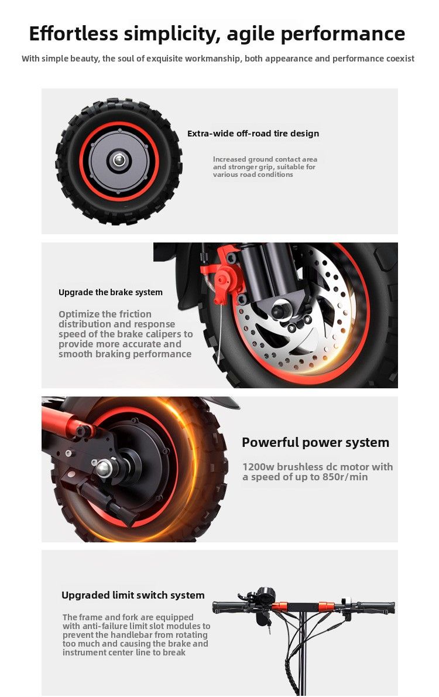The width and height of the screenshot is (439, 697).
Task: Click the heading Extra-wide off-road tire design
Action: (253, 134)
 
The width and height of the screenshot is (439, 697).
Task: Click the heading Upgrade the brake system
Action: (111, 292)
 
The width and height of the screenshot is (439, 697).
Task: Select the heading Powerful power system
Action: (315, 443)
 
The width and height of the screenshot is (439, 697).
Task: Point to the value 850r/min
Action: (345, 477)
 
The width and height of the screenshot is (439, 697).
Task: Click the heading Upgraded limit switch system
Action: (133, 595)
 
